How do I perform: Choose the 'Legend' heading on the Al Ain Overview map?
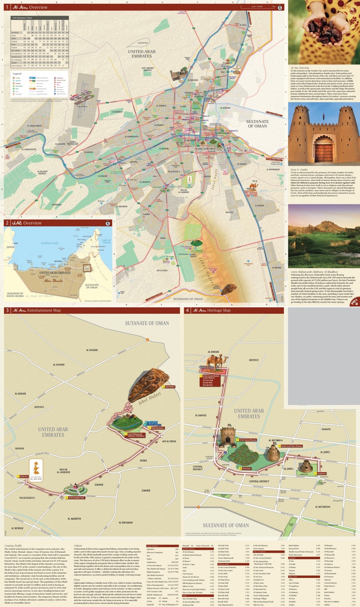coord(17,73)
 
